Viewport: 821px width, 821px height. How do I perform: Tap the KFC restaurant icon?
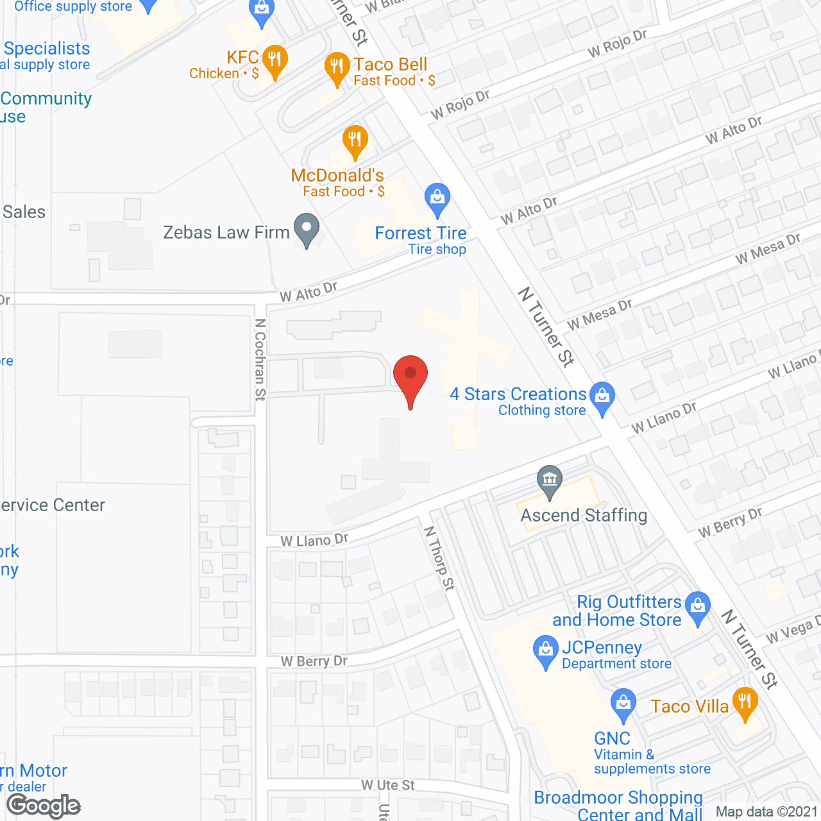(275, 60)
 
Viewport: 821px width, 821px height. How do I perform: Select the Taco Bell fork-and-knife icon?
(337, 67)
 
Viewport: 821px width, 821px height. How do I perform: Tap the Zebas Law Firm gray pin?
(307, 228)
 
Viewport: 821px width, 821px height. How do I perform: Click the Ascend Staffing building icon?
(550, 480)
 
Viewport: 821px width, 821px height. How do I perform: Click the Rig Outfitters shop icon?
(698, 606)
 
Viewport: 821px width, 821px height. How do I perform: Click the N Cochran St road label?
(260, 360)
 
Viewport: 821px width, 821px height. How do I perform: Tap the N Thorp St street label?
(439, 558)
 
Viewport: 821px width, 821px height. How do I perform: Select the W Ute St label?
(387, 785)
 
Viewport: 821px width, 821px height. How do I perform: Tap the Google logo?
(44, 806)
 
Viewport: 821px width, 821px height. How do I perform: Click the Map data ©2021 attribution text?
(767, 812)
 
